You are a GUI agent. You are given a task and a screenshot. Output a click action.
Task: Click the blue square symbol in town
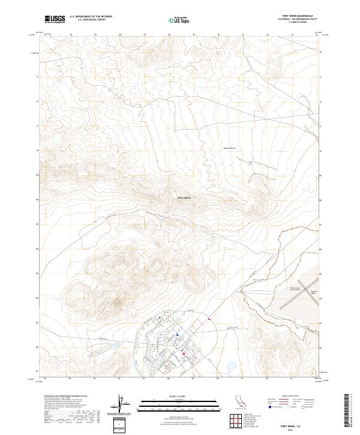click(x=178, y=335)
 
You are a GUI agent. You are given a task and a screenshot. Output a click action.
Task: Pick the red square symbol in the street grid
click(x=183, y=355)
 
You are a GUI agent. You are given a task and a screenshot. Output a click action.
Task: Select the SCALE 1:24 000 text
click(x=170, y=395)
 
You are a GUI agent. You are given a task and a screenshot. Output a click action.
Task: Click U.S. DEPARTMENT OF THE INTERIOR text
click(x=91, y=17)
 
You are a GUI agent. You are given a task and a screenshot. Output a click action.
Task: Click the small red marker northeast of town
click(x=208, y=319)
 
